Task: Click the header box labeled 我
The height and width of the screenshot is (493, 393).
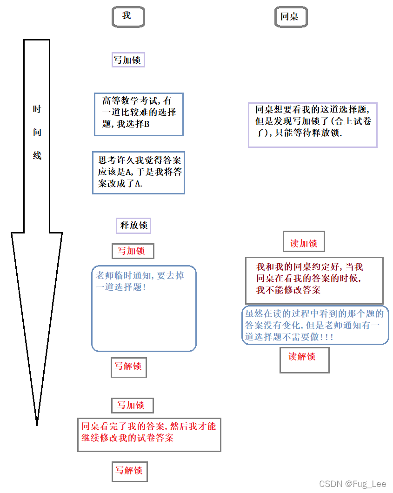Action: pos(128,17)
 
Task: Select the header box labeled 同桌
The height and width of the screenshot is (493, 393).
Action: pos(291,17)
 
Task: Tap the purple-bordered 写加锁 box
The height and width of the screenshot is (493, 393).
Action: pos(128,60)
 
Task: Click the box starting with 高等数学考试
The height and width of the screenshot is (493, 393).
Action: pos(139,114)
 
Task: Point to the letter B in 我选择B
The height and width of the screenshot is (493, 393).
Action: pos(147,125)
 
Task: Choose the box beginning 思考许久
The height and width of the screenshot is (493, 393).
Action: pos(139,172)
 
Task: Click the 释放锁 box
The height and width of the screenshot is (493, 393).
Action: pos(133,226)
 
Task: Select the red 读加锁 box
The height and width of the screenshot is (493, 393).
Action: pos(304,243)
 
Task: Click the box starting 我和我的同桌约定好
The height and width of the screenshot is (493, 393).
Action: pos(314,279)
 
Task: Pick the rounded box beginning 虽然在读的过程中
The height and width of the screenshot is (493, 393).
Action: pos(315,325)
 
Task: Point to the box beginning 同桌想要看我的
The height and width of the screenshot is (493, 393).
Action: pos(312,124)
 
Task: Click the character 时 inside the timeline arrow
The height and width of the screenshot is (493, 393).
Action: pos(37,109)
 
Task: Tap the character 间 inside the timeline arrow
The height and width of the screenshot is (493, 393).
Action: pos(37,132)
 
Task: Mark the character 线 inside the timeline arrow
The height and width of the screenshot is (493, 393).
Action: pos(37,155)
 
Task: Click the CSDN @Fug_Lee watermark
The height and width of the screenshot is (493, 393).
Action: pos(346,484)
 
